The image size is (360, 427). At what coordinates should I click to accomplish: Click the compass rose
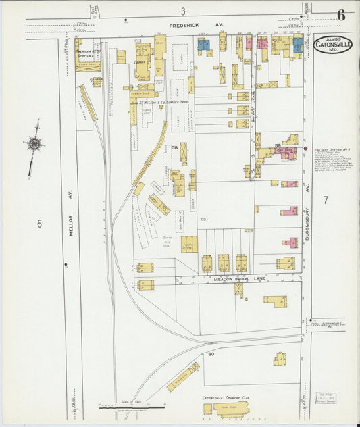(34, 143)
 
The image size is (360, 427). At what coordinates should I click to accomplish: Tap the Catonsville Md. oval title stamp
(332, 45)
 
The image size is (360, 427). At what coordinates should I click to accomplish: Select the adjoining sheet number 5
(39, 224)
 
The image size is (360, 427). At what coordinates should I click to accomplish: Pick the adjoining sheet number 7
(326, 200)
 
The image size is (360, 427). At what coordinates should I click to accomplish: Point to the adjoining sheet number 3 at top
(183, 11)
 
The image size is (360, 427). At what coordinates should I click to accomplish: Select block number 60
(211, 354)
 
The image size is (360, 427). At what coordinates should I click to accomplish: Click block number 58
(174, 147)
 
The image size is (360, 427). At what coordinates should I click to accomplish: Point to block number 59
(278, 145)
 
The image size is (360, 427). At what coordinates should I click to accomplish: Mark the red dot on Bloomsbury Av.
(306, 148)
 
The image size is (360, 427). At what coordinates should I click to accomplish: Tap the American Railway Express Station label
(88, 53)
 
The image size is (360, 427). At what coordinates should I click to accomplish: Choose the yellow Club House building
(232, 409)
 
